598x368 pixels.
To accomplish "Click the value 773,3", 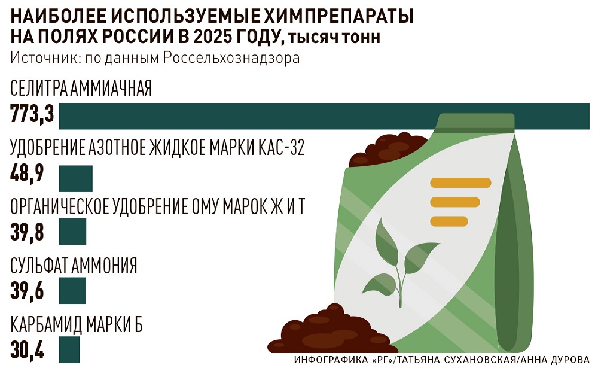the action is pyautogui.click(x=32, y=114).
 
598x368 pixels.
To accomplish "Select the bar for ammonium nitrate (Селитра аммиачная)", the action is pyautogui.click(x=324, y=116).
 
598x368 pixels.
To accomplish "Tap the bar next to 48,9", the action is pyautogui.click(x=75, y=178).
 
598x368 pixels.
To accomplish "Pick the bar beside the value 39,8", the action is pyautogui.click(x=72, y=232).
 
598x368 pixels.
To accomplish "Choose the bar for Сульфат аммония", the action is pyautogui.click(x=72, y=290).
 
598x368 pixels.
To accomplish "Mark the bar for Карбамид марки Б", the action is pyautogui.click(x=69, y=349).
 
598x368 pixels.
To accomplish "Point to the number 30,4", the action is pyautogui.click(x=27, y=349).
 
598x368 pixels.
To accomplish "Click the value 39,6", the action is pyautogui.click(x=27, y=291).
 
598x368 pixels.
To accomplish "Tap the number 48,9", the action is pyautogui.click(x=27, y=173).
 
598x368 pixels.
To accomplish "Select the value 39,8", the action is pyautogui.click(x=27, y=232).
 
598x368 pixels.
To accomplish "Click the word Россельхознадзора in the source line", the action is pyautogui.click(x=231, y=58).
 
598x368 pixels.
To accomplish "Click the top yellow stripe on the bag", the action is pyautogui.click(x=460, y=183).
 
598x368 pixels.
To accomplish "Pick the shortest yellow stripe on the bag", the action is pyautogui.click(x=449, y=221).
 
